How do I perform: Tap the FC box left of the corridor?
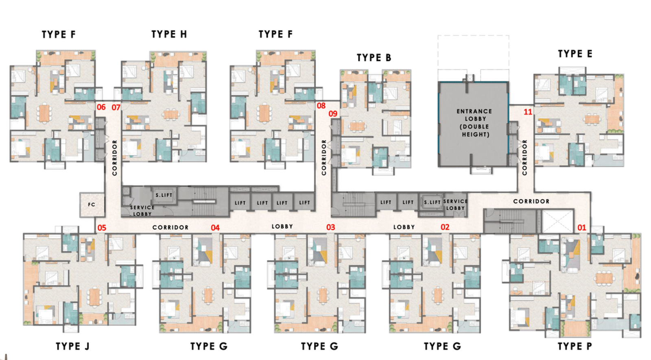[x=92, y=205]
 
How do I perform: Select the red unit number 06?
[x=101, y=107]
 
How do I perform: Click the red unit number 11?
[x=528, y=112]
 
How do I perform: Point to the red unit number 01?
[x=582, y=228]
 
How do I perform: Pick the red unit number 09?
[x=333, y=114]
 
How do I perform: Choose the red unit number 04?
[x=215, y=228]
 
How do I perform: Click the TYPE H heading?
[x=169, y=35]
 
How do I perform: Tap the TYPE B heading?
[x=374, y=58]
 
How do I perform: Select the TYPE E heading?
[x=575, y=54]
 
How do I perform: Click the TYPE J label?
[x=72, y=346]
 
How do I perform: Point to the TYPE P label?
[x=575, y=346]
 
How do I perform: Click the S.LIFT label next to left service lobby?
[x=164, y=195]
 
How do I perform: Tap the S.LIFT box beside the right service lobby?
[x=432, y=202]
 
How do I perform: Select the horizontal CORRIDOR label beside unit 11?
[x=531, y=201]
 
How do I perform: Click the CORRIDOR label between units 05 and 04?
[x=170, y=227]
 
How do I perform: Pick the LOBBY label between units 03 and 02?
[x=404, y=227]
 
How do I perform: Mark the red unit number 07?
[x=116, y=107]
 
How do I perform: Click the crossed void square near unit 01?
[x=558, y=221]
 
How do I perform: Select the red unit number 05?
[x=102, y=228]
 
